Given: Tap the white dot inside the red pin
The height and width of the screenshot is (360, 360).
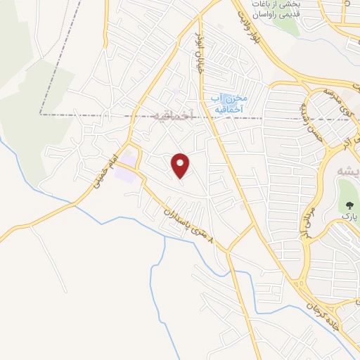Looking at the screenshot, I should [x=181, y=162].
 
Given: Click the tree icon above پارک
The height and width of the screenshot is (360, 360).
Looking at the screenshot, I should [x=349, y=205].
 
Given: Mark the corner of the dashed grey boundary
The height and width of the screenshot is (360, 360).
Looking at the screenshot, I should [x=41, y=113].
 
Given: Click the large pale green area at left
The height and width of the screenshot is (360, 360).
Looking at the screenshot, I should [x=28, y=84].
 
